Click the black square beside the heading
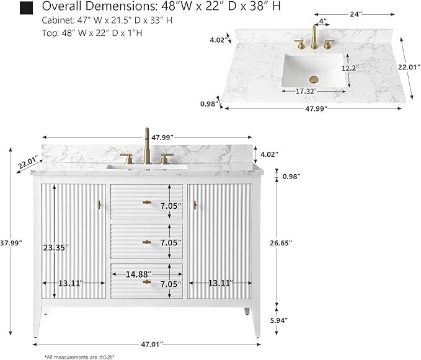[26, 8]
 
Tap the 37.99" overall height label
[11, 243]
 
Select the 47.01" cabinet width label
[152, 344]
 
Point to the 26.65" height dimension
[281, 243]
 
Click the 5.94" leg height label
[279, 320]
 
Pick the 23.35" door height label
[56, 248]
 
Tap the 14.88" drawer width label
[138, 274]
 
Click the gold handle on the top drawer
[146, 202]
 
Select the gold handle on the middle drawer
[146, 242]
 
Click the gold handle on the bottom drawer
[146, 282]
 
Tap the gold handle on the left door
[99, 205]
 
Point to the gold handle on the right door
[195, 205]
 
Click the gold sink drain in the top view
[314, 79]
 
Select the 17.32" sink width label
[306, 91]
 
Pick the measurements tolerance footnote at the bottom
[79, 357]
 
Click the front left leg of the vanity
[37, 322]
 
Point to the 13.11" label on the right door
[219, 283]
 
